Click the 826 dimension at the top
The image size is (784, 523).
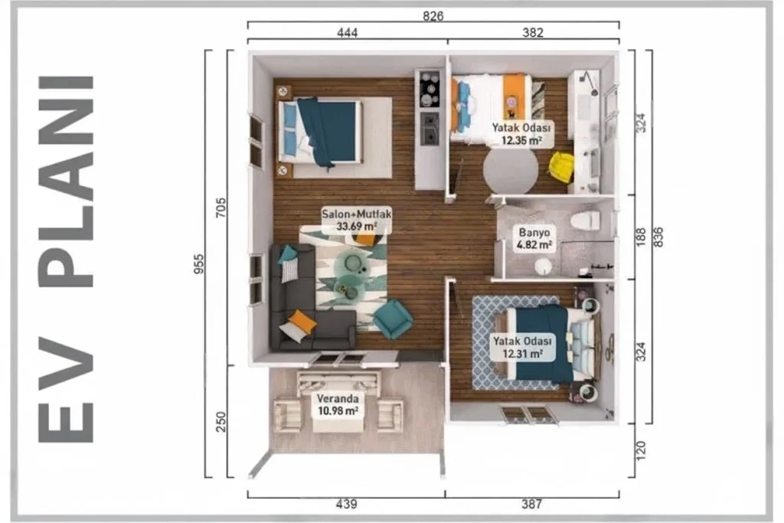pos(433,16)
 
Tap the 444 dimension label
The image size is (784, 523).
pos(347,32)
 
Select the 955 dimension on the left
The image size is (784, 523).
pos(198,264)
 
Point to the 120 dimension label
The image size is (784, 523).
pos(641,450)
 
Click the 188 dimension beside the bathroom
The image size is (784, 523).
pos(641,237)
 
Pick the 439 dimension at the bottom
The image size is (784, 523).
pos(347,504)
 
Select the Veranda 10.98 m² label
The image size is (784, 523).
pos(338,404)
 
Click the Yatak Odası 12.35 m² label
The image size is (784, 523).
pos(521,134)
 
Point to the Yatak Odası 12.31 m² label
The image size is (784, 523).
pos(522,348)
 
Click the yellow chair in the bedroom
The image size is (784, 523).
pos(561,166)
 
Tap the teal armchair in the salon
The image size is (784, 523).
pos(392,319)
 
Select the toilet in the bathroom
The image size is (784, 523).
pos(586,221)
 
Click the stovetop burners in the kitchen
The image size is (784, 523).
pos(430,89)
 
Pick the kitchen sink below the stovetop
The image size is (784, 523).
pos(430,129)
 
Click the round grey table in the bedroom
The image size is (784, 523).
pos(510,170)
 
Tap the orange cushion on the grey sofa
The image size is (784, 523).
pos(302,321)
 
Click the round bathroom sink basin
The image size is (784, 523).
pos(543,266)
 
